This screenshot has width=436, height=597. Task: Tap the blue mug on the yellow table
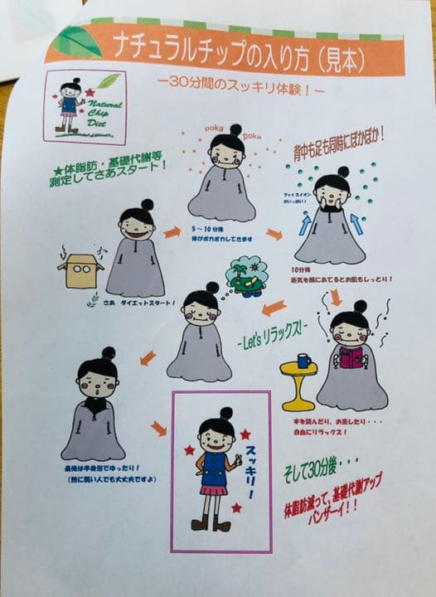pos(303,362)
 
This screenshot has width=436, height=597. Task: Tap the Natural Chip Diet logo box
pos(85,107)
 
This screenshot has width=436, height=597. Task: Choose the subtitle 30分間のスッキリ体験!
pos(240,85)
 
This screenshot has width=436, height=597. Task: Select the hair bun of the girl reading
pos(361,307)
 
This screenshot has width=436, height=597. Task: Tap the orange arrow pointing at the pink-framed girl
pos(157,428)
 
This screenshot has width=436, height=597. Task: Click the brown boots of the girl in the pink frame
pos(211,522)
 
